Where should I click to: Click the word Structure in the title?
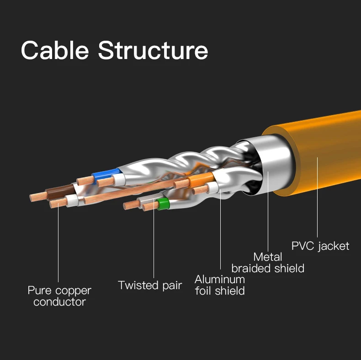pos(153,50)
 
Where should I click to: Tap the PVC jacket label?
pos(320,246)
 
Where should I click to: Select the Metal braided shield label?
pos(268,263)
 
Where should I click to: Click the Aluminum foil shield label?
pos(220,285)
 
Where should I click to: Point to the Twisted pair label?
pos(150,285)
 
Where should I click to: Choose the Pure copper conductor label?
pos(59,296)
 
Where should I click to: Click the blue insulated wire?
pos(105,174)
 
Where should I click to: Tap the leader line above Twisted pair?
pos(154,242)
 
